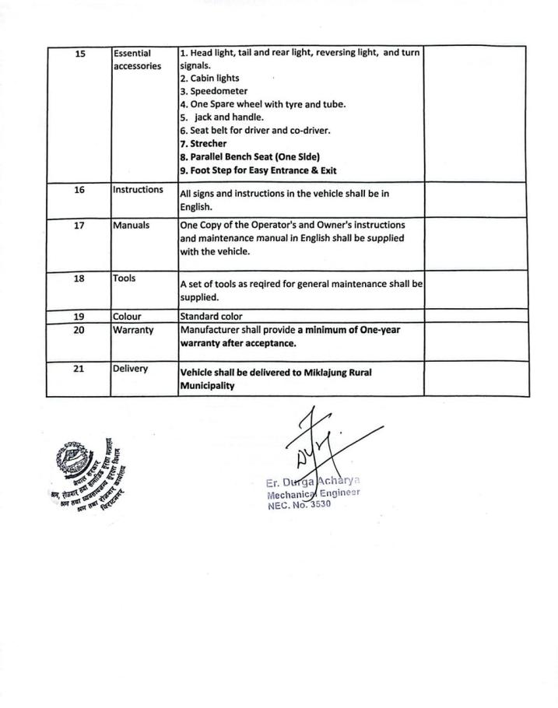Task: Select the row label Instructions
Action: tap(139, 190)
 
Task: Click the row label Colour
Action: tap(128, 317)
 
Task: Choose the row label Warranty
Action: tap(135, 330)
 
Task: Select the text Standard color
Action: tap(211, 317)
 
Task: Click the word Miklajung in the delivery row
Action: tap(320, 373)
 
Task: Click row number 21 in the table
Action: tap(79, 369)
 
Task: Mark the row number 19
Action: tap(79, 317)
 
